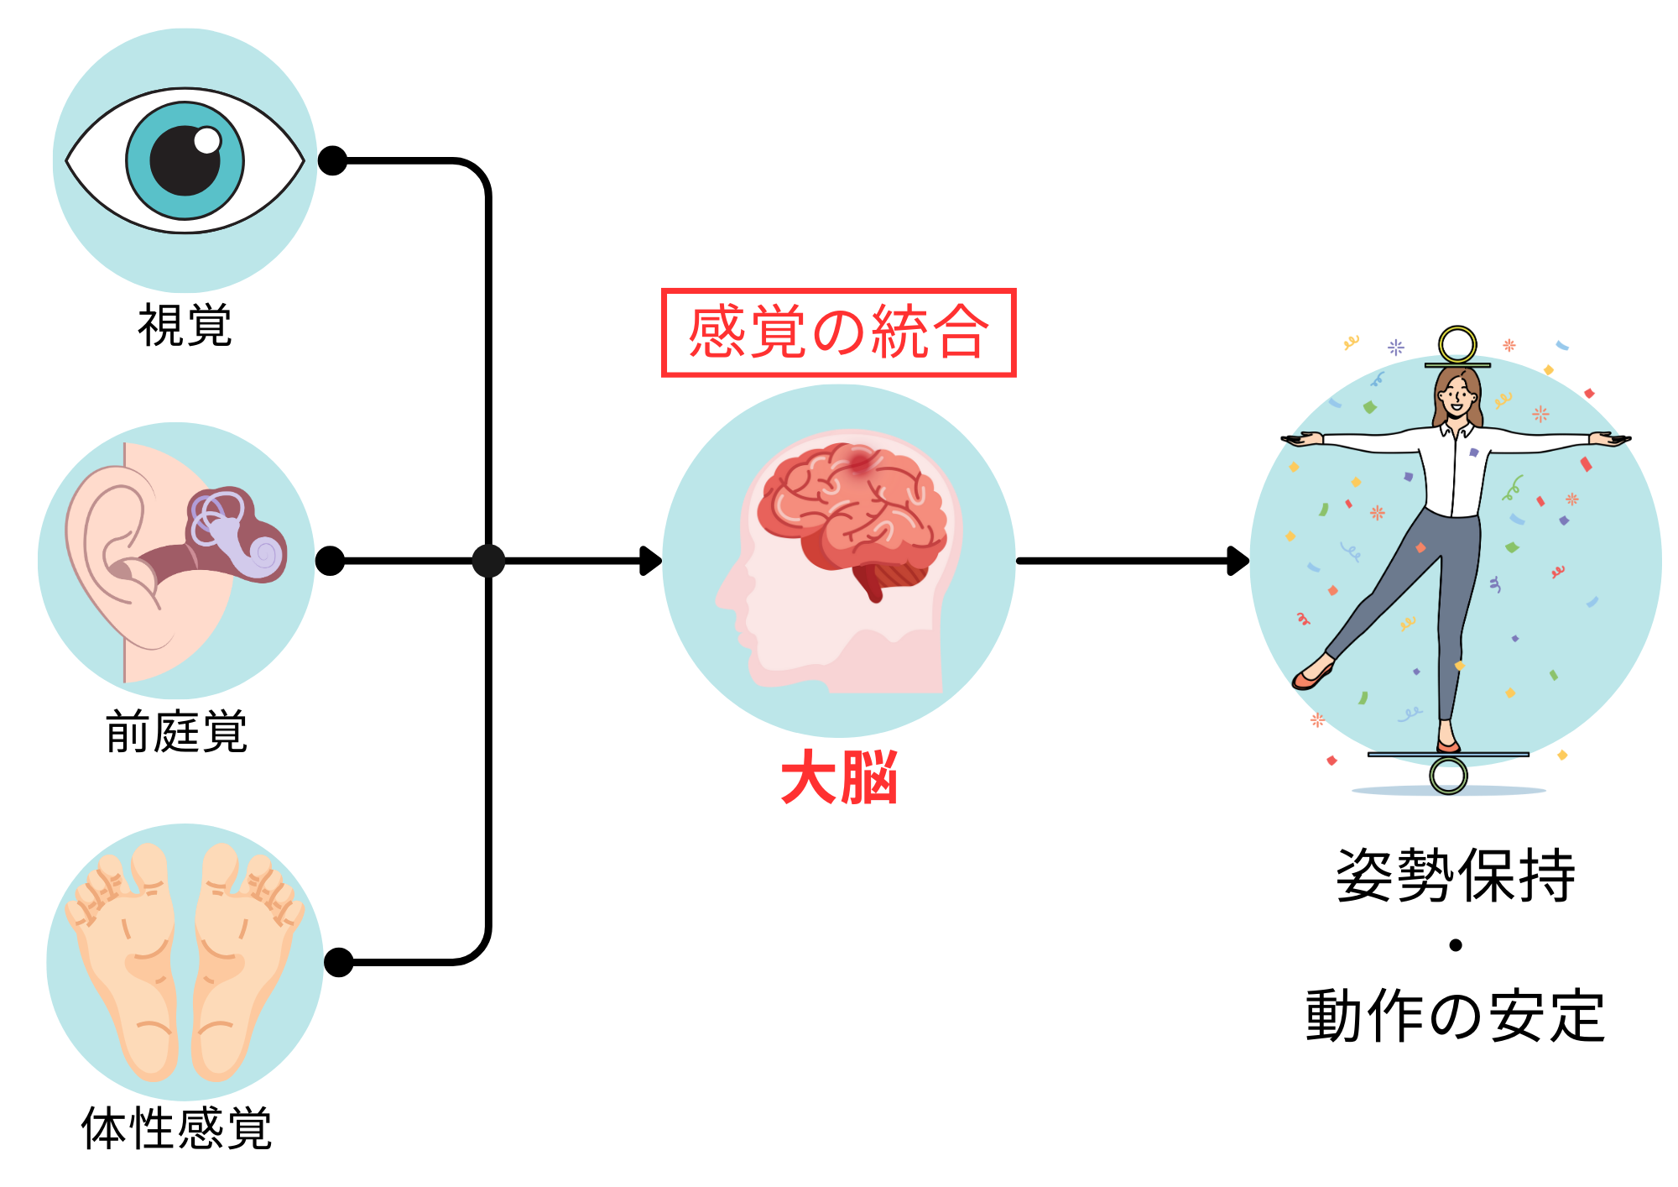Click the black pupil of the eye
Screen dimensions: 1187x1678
click(x=184, y=161)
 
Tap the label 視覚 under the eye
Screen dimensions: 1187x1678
click(x=185, y=325)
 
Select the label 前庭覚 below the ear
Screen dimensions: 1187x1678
click(x=176, y=731)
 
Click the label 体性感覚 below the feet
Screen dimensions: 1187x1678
click(x=176, y=1127)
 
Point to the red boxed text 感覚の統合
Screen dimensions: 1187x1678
click(x=838, y=332)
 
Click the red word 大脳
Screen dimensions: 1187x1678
click(x=839, y=777)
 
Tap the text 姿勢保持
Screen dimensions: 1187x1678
click(x=1456, y=876)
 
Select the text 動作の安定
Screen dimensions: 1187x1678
click(x=1456, y=1016)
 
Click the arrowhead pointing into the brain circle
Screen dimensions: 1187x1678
click(x=651, y=561)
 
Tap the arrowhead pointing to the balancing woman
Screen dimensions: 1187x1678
click(x=1238, y=561)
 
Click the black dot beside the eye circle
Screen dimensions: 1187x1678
click(x=332, y=160)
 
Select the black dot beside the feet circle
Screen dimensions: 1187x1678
click(x=338, y=962)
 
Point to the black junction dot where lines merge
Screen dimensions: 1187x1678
click(x=488, y=561)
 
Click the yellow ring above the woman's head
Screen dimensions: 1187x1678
click(x=1457, y=344)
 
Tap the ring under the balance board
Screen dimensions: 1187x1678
click(x=1449, y=775)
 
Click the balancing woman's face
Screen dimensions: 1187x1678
click(x=1458, y=395)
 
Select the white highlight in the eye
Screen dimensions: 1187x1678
click(x=206, y=140)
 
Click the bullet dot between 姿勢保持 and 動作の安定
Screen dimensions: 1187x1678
click(x=1456, y=945)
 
